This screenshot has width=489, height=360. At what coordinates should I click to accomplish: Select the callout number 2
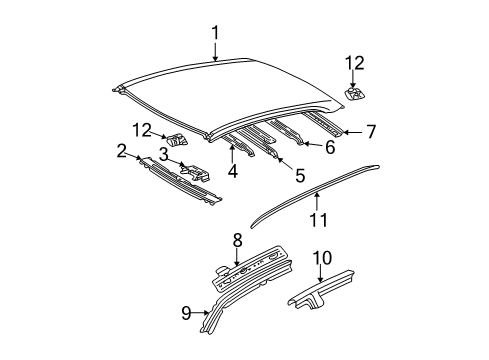(x=121, y=152)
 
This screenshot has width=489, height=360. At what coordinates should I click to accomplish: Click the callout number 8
(x=237, y=240)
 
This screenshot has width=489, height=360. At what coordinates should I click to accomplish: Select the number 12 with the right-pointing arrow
(x=145, y=128)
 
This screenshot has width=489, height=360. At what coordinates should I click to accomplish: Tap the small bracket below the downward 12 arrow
(x=355, y=96)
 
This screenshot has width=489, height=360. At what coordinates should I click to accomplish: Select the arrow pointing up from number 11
(x=319, y=198)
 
